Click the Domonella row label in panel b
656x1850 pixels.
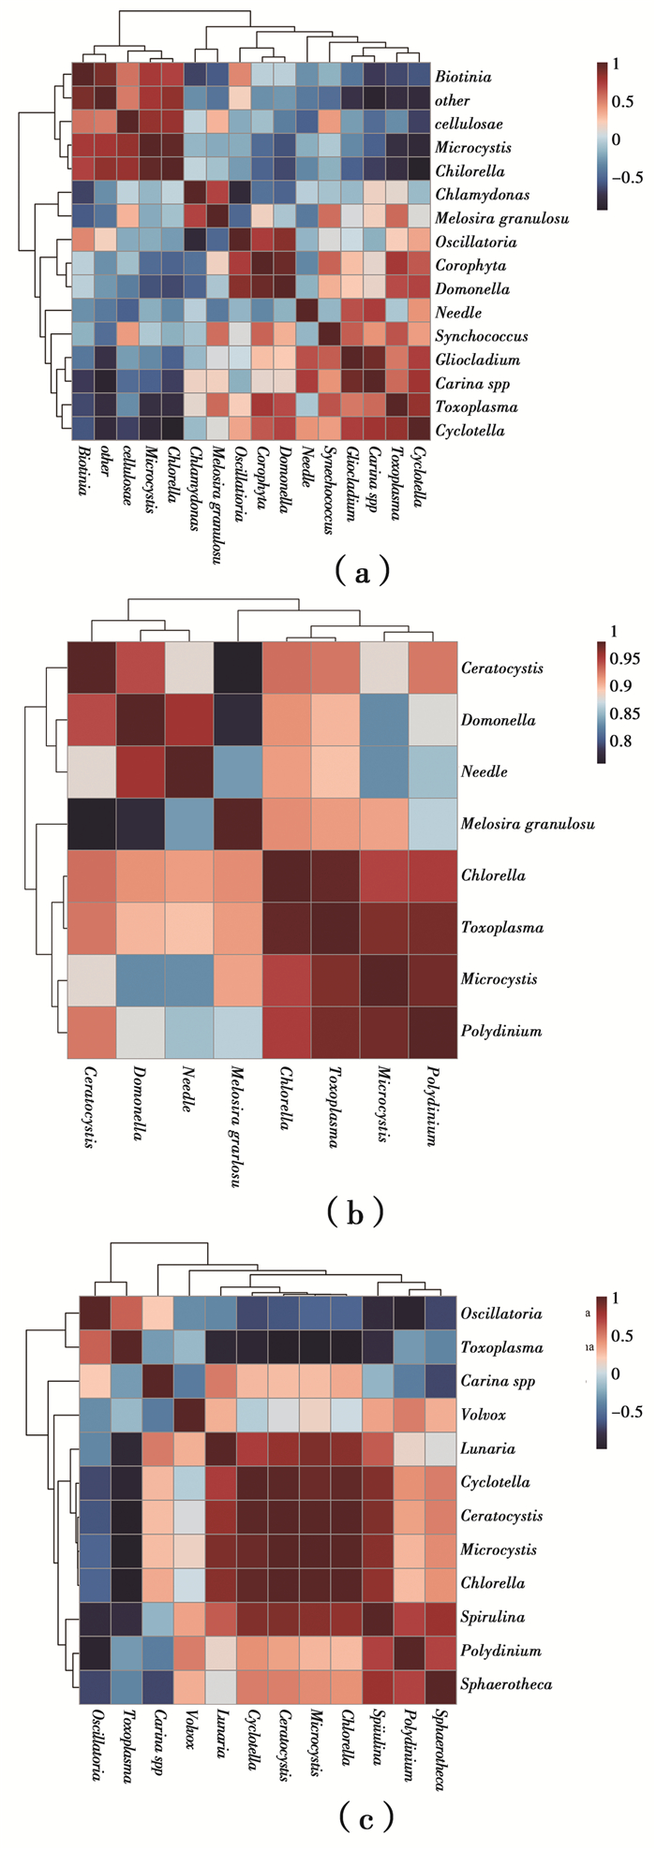point(498,720)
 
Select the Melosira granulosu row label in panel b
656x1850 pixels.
point(528,824)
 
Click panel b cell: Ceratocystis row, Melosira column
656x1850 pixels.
point(238,668)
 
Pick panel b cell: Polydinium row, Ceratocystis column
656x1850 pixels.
point(92,1031)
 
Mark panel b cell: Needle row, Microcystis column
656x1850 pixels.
point(384,771)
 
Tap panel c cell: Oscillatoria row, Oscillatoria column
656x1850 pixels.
point(95,1314)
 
